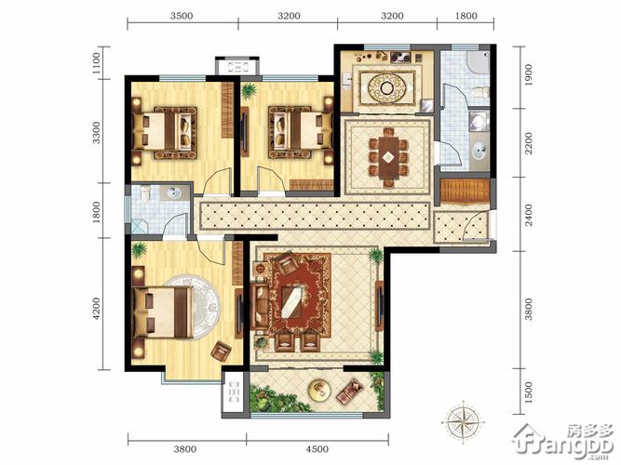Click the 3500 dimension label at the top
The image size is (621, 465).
[x=182, y=16]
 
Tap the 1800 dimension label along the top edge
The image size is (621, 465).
[x=466, y=16]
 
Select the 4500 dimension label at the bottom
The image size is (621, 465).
[x=317, y=449]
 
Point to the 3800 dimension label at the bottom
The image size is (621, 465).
[x=185, y=449]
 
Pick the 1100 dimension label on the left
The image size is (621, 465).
[x=96, y=63]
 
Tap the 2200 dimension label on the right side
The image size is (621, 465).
[x=528, y=143]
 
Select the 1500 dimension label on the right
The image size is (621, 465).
[x=528, y=392]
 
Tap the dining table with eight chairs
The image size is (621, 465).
[x=388, y=157]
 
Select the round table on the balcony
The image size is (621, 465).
[x=319, y=390]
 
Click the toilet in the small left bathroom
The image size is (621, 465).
[x=146, y=193]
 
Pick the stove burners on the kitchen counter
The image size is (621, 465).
[x=400, y=58]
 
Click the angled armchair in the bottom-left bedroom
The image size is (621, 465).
[x=221, y=351]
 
